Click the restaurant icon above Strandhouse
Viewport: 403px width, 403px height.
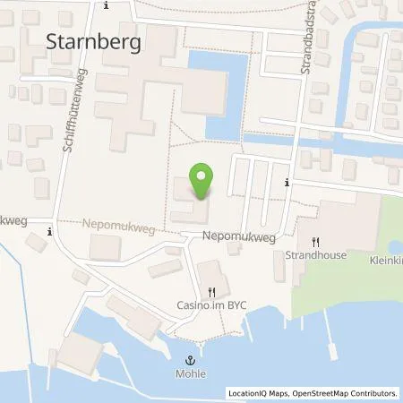(314, 242)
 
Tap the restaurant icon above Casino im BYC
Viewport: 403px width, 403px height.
(211, 291)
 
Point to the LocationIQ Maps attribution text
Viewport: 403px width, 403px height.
(255, 393)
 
